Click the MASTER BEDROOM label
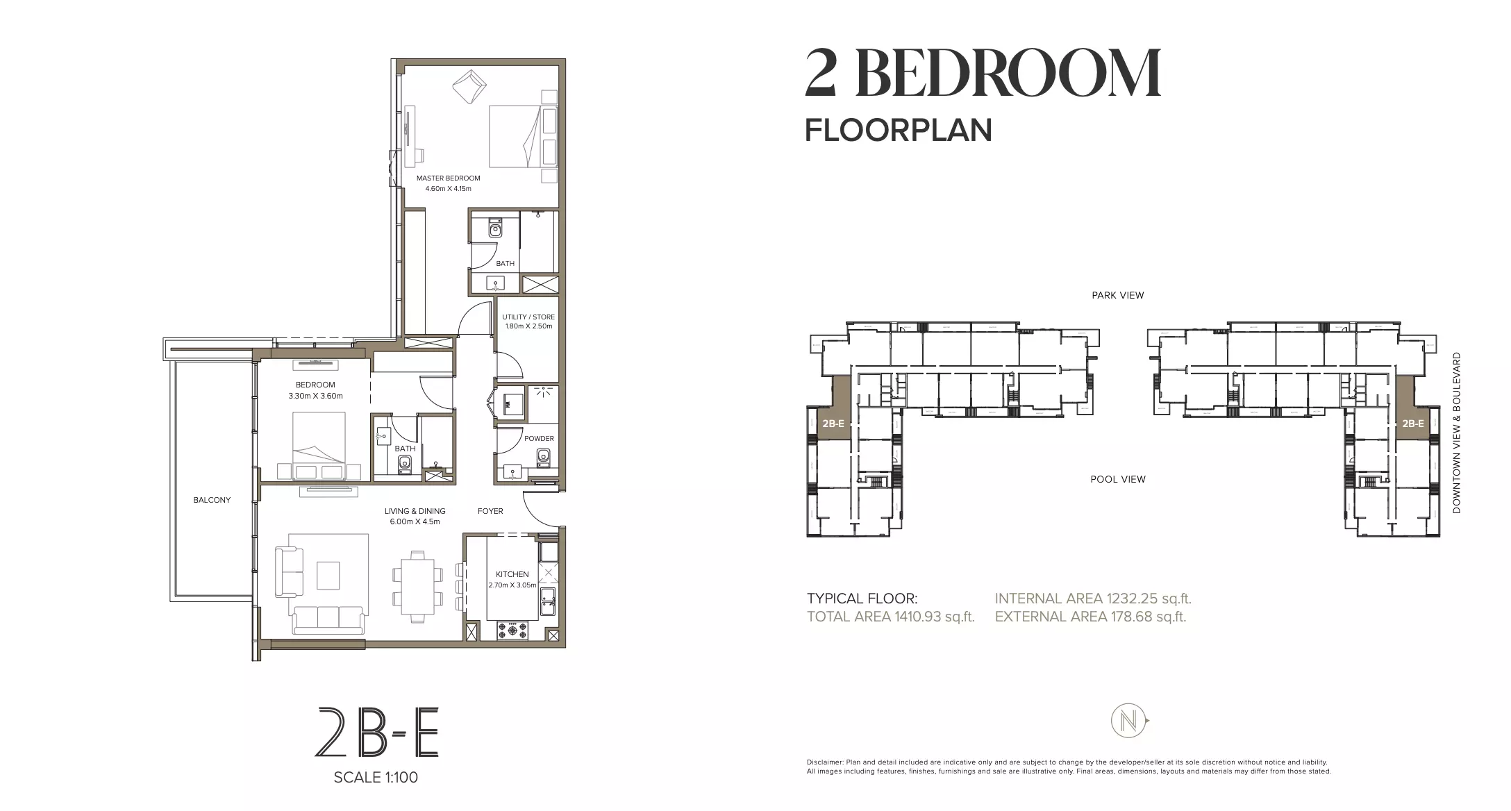coord(448,178)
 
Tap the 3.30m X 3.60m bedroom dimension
coord(315,396)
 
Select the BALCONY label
coord(212,500)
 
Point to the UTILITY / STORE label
coord(528,317)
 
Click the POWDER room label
coord(539,438)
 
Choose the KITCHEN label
coord(512,574)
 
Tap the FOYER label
coord(490,511)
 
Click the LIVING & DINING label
coord(415,511)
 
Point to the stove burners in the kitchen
coord(512,630)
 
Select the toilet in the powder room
coord(543,456)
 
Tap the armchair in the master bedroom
coord(470,85)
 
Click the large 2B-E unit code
coord(377,733)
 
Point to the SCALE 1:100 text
coord(376,778)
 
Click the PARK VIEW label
coord(1118,295)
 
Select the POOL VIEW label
coord(1118,479)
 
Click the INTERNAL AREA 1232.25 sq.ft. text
coord(1093,599)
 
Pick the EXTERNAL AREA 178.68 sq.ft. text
coord(1090,617)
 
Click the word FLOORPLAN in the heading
coord(899,131)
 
